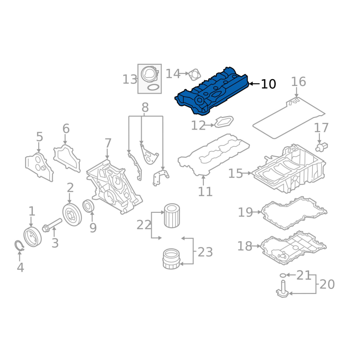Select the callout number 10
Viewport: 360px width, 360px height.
268,84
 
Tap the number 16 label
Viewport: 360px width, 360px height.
298,82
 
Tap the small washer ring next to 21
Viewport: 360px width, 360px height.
283,275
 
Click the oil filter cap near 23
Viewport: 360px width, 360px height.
171,259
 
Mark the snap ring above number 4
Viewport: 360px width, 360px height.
19,245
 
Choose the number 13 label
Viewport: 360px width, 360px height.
130,80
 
